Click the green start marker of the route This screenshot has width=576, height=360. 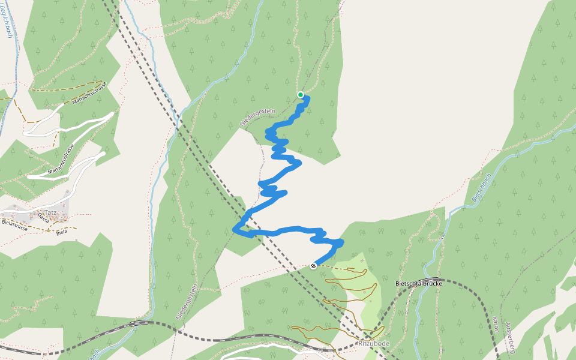301,94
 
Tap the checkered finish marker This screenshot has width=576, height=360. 313,266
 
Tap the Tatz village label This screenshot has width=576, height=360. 50,212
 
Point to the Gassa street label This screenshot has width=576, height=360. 43,217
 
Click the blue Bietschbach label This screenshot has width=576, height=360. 481,187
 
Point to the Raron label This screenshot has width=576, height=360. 496,324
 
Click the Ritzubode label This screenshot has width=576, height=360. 374,343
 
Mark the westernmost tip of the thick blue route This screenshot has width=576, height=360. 234,229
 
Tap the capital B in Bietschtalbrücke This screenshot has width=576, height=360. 398,283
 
